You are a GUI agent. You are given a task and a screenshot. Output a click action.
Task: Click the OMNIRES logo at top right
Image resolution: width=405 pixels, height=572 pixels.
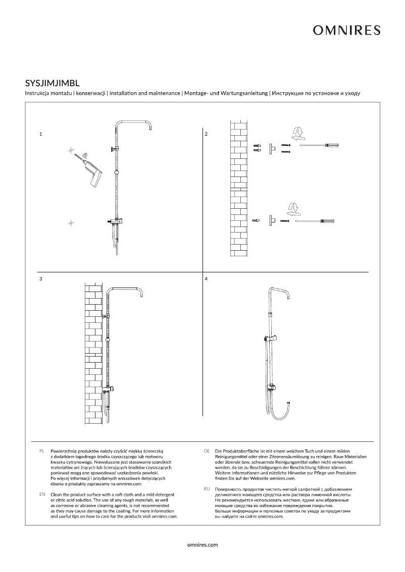pos(346,31)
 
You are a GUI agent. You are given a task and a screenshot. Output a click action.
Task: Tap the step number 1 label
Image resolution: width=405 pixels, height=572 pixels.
pos(40,135)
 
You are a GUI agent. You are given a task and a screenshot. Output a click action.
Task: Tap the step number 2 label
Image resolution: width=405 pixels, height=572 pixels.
pos(206,135)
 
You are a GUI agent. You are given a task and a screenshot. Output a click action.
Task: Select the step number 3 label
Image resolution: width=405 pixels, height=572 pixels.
pos(40,278)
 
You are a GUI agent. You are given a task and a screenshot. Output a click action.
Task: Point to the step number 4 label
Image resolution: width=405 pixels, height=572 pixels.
pos(206,278)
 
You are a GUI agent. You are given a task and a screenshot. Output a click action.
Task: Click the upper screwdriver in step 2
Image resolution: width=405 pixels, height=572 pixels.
pos(319,146)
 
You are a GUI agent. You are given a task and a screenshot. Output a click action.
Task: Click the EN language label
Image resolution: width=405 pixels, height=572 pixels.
pos(41,494)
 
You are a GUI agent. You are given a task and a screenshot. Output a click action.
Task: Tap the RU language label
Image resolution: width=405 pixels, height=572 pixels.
pos(207,489)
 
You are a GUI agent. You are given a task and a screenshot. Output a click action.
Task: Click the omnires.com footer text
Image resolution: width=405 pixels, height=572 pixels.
pos(202,545)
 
